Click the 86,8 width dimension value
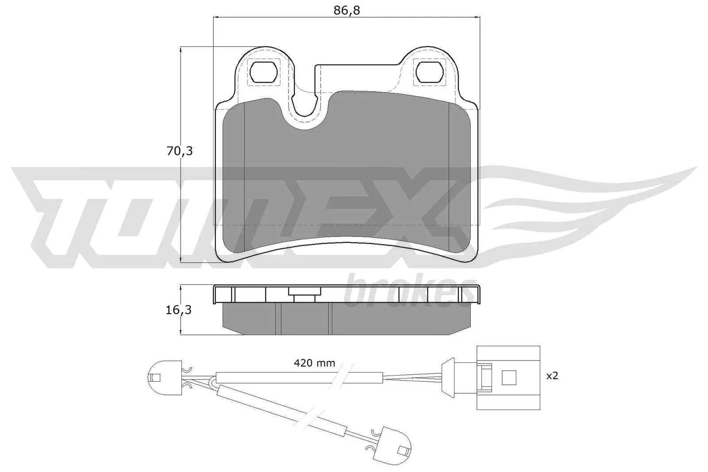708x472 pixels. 346,10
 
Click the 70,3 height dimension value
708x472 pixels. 180,151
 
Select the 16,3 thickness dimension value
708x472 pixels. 179,310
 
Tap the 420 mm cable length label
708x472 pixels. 315,364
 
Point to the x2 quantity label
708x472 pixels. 552,376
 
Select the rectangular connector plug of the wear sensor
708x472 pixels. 508,377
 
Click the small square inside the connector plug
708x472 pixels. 509,377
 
